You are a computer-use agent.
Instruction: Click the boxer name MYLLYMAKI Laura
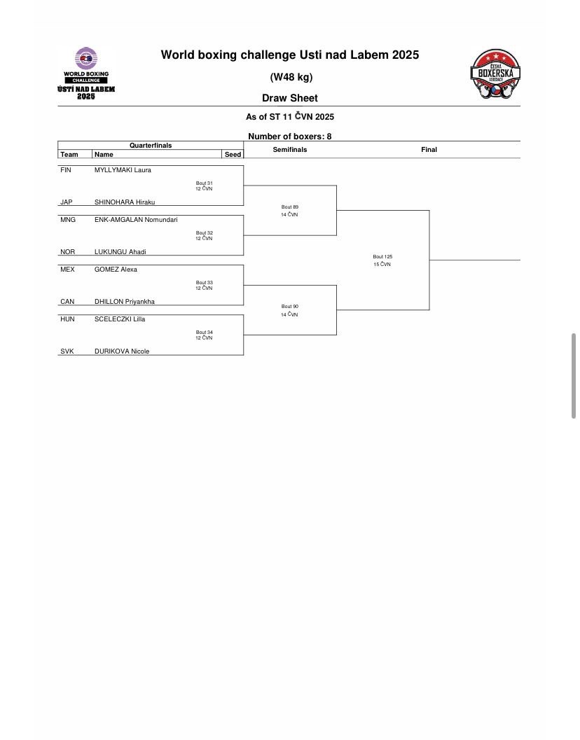point(123,170)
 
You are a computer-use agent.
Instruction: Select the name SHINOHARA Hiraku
point(125,202)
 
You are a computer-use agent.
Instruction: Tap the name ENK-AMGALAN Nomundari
point(136,220)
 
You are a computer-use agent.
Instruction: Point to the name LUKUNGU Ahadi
point(120,252)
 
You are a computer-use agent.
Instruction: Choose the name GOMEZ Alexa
point(116,270)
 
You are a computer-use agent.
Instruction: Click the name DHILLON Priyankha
point(125,302)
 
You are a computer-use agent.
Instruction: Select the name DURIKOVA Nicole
point(122,351)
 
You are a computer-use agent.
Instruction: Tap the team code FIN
point(66,170)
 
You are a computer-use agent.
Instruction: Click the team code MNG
point(68,220)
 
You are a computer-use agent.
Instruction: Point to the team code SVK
point(67,351)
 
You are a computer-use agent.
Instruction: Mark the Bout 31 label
point(205,183)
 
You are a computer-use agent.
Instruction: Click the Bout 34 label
point(205,333)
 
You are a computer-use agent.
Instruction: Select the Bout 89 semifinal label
point(290,207)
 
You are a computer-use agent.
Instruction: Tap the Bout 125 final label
point(382,257)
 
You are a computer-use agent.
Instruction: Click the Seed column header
point(233,155)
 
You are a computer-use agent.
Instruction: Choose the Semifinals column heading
point(290,150)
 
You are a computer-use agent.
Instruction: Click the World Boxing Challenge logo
point(86,73)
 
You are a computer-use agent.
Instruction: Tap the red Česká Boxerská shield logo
point(495,74)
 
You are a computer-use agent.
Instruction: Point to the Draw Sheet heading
point(290,99)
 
